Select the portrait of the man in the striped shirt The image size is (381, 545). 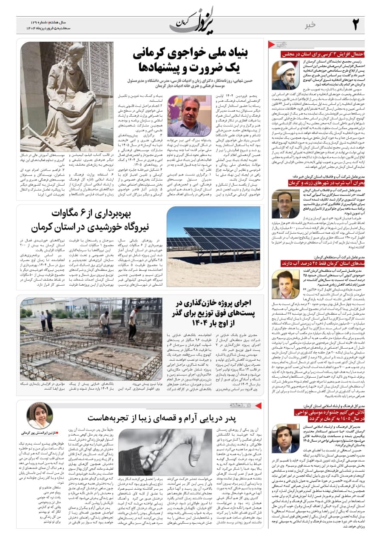[x=189, y=116]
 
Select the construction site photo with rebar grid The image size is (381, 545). [x=91, y=339]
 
